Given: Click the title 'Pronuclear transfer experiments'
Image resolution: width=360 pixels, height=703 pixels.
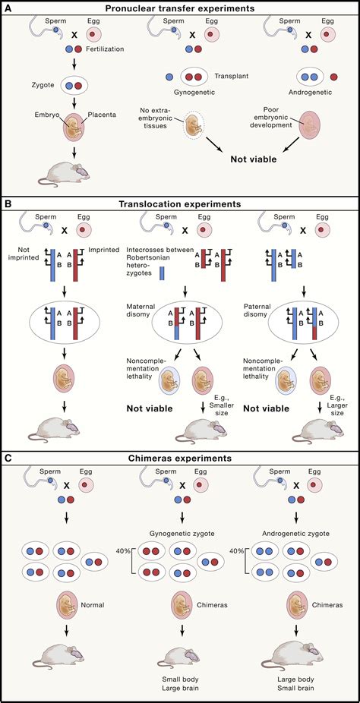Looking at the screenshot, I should click(x=179, y=8).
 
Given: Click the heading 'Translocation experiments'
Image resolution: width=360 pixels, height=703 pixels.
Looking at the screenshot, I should click(x=179, y=204).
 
